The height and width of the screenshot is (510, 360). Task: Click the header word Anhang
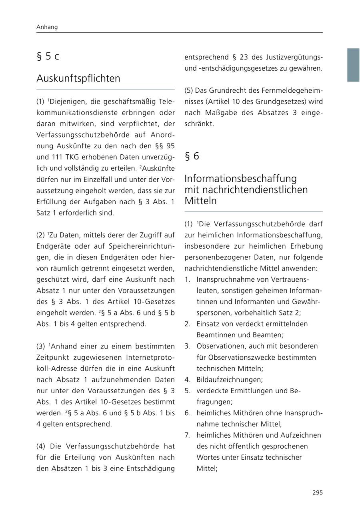tap(47, 27)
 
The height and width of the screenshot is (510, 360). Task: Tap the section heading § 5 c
tap(48, 56)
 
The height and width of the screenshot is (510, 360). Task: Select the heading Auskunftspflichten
tap(78, 78)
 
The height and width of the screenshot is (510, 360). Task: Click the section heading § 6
tap(192, 156)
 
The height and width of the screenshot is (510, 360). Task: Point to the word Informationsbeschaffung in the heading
tap(240, 178)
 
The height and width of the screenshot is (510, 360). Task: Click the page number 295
tap(318, 492)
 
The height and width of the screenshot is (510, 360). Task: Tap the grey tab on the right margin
tap(353, 65)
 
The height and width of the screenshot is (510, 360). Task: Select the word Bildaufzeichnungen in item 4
tap(230, 380)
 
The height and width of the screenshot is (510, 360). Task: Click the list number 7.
tap(187, 435)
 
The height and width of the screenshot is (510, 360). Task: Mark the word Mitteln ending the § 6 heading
tap(200, 201)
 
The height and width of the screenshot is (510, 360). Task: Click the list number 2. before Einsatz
tap(187, 324)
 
